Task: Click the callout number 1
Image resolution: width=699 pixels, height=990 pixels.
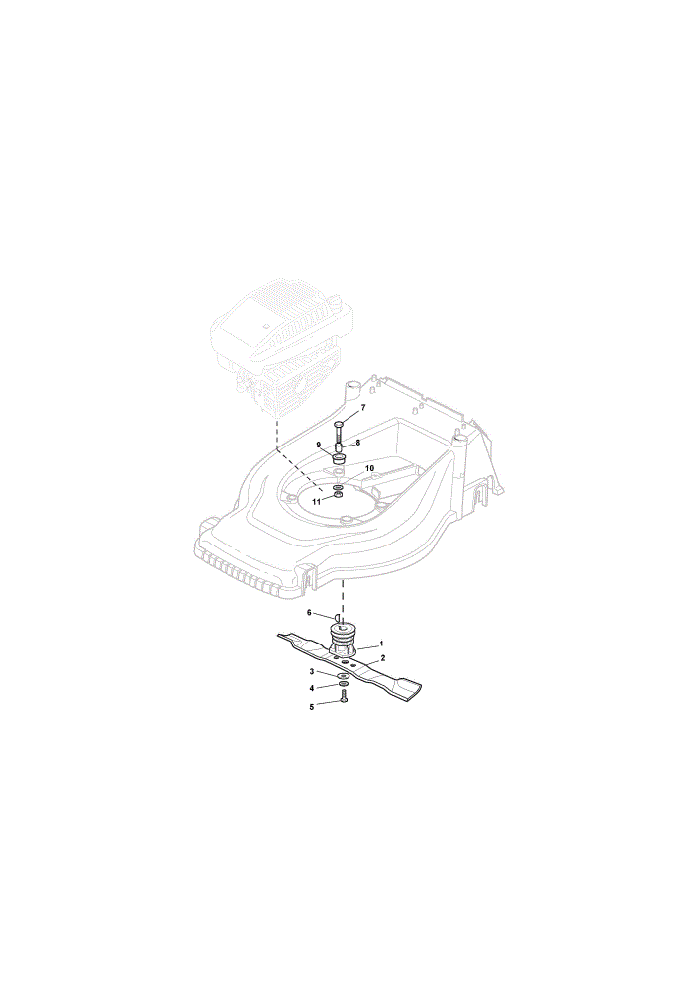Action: point(381,643)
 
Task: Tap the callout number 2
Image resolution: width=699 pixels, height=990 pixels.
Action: point(382,658)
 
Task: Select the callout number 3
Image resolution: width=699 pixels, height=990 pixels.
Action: point(311,672)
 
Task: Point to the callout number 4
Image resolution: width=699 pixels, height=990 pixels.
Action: point(311,688)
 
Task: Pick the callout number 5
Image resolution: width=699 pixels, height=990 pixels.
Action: point(311,707)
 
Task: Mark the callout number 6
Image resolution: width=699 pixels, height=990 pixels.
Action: point(309,613)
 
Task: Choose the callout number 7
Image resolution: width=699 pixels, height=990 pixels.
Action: point(363,408)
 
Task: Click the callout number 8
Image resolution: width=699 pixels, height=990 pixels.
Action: point(358,443)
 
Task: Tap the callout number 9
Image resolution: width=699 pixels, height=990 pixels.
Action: point(319,445)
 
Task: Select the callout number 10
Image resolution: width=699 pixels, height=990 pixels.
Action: point(370,468)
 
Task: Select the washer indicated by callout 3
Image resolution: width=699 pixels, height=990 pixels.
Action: point(343,676)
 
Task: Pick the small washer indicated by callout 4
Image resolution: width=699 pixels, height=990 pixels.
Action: point(343,685)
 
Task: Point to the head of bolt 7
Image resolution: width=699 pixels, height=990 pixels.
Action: point(339,425)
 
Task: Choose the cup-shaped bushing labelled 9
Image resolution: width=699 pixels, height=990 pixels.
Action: point(339,457)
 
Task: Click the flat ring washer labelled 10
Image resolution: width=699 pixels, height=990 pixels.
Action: point(338,487)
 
